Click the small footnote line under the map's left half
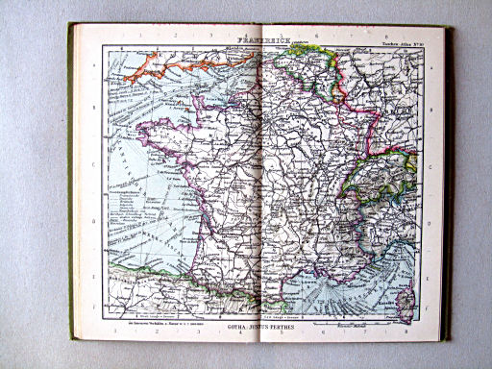(144, 318)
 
